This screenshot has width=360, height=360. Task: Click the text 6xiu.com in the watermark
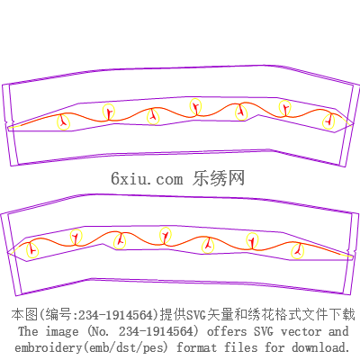tap(147, 179)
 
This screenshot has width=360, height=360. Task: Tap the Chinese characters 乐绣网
tap(219, 178)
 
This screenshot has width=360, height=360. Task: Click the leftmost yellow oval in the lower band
tap(27, 250)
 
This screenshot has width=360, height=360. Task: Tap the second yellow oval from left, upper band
tap(103, 112)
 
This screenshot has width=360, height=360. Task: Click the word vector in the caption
tap(301, 331)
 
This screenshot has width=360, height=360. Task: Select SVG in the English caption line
tap(264, 331)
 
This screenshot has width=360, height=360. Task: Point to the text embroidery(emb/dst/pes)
tap(91, 347)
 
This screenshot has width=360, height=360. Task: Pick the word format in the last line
tap(196, 347)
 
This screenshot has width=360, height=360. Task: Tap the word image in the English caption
tap(62, 332)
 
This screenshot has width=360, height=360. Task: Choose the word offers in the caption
tap(227, 331)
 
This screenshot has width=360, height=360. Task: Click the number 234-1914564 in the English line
tap(156, 331)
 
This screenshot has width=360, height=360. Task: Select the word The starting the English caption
tap(28, 331)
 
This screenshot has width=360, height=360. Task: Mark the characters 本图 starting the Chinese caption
tap(24, 315)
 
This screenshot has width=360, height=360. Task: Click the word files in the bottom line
tap(241, 347)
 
